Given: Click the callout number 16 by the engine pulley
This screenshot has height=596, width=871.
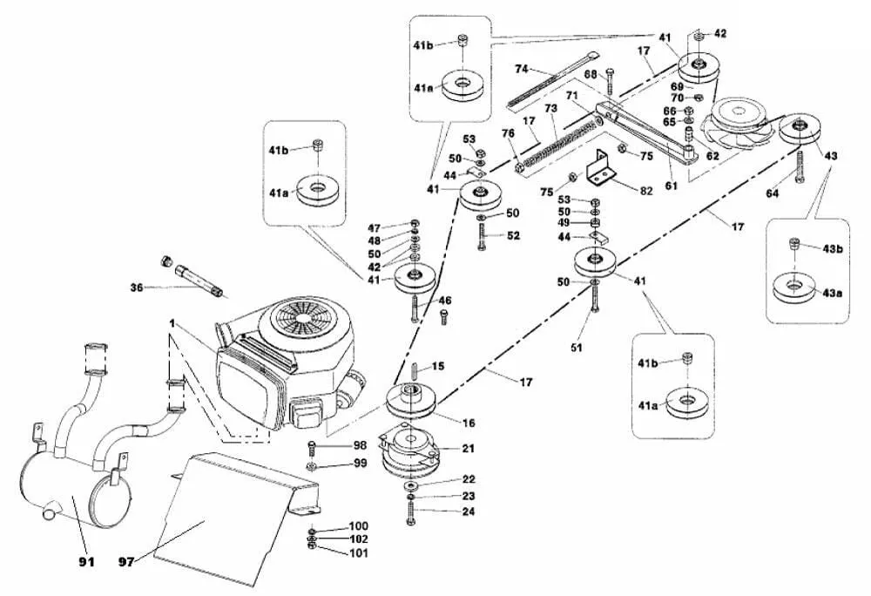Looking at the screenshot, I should tap(468, 423).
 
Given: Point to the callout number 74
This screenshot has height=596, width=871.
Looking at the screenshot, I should tap(522, 68).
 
